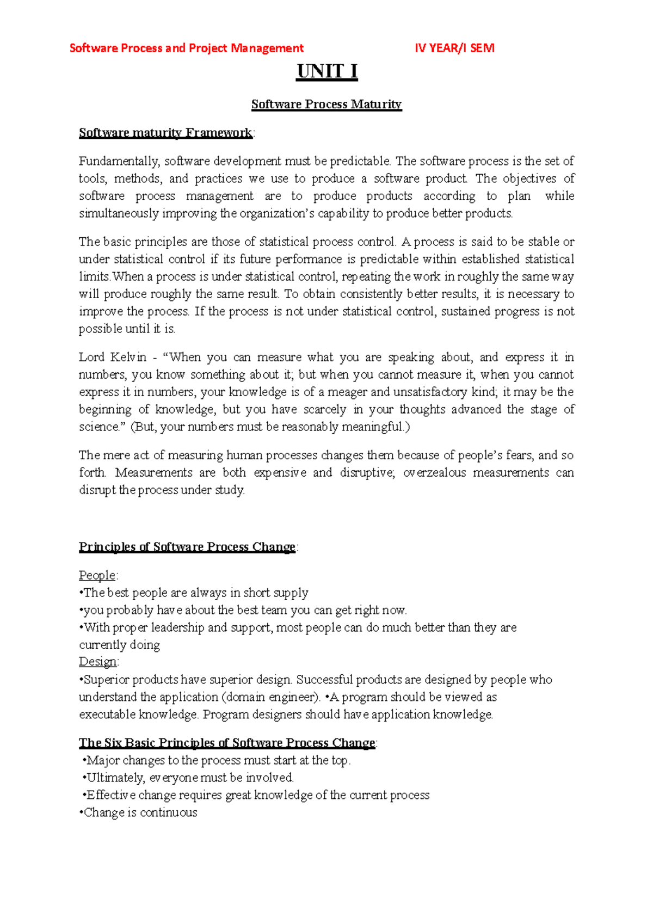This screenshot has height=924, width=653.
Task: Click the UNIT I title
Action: coord(326,71)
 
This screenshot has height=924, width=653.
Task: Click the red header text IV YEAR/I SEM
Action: coord(454,48)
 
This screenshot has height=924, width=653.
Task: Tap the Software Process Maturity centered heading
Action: coord(326,104)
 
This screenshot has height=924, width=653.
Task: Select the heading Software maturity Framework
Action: coord(165,133)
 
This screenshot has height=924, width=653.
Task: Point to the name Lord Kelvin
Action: coord(113,358)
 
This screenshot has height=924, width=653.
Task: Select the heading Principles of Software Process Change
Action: coord(187,547)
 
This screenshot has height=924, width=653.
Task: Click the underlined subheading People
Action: coord(97,575)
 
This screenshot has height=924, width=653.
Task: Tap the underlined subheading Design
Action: coord(97,662)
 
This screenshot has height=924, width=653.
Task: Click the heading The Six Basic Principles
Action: coord(227,743)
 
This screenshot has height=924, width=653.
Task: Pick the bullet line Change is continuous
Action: coord(139,812)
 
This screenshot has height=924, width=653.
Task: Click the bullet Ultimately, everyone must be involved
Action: coord(188,778)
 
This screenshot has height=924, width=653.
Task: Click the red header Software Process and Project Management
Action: coord(187,48)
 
